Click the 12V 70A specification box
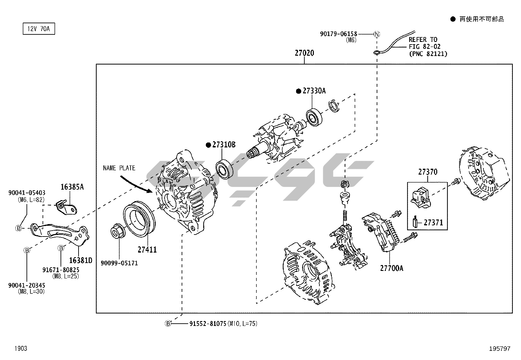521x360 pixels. coord(39,29)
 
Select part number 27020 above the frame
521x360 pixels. coord(304,53)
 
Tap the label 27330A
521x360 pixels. coord(314,91)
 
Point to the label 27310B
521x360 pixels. coord(224,145)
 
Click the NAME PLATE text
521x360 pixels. coord(119,168)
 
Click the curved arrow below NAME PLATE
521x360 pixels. coord(136,184)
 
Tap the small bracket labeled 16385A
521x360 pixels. coord(67,208)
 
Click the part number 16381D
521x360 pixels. coord(81,261)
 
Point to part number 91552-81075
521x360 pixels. coord(207,324)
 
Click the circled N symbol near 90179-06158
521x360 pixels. coord(377,34)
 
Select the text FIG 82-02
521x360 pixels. coord(424,47)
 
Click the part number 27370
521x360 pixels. coord(427,172)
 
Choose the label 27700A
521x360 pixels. coord(391,268)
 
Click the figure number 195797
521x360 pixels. coord(499,349)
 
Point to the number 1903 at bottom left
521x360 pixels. coord(20,349)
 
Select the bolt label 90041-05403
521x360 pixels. coord(27,193)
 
